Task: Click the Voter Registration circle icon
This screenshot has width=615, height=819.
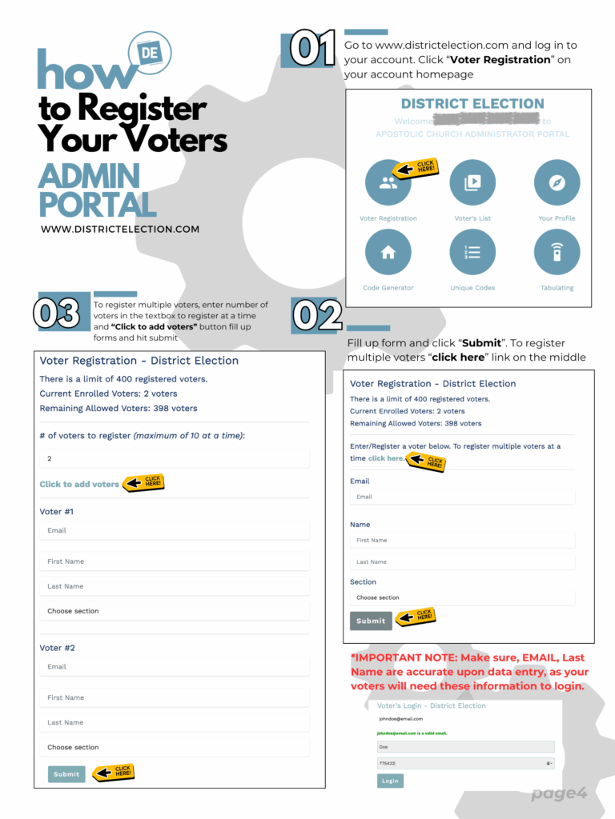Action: coord(388,183)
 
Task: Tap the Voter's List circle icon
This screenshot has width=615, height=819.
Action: coord(472,183)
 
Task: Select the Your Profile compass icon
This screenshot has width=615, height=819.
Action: coord(557,183)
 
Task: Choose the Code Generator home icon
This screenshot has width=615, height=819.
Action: coord(388,253)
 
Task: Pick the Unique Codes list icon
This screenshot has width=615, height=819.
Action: coord(472,253)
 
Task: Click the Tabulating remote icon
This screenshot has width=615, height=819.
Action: coord(557,253)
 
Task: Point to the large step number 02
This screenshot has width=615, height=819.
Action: coord(318,315)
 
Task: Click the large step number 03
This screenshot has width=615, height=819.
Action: coord(57,313)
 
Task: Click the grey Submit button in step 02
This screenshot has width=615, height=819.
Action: coord(371,621)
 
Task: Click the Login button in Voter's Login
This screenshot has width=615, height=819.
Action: coord(390,781)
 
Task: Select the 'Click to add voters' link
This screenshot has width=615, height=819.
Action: coord(79,484)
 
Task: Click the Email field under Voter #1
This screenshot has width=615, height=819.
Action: coord(175,530)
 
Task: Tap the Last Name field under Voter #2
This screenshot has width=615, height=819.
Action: coord(175,722)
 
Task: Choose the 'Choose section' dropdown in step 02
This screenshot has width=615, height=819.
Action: coord(462,597)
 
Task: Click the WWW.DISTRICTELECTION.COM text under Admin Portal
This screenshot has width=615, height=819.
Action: coord(120,229)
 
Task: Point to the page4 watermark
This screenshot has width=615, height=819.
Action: coord(559,793)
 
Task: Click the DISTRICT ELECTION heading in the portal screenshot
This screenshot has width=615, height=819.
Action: coord(472,104)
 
